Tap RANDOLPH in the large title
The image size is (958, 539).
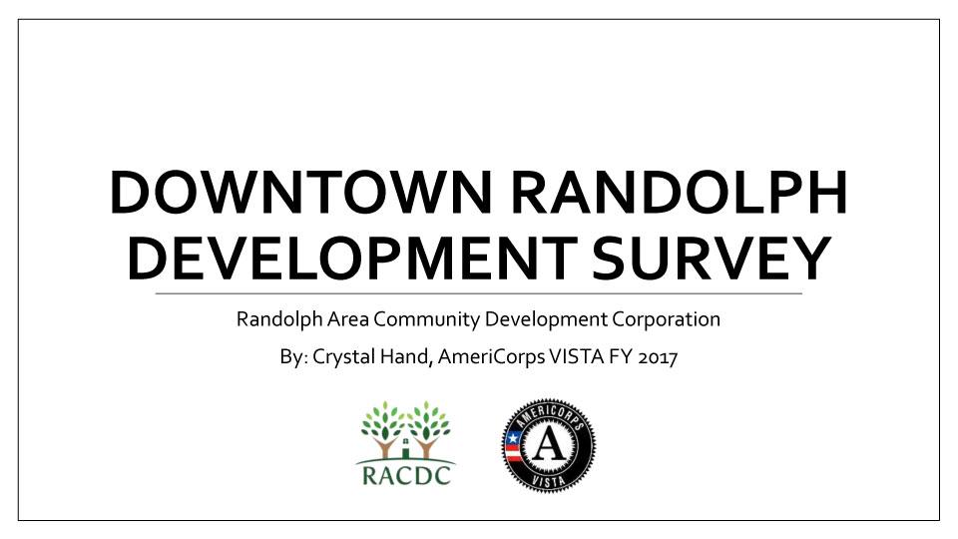(x=679, y=192)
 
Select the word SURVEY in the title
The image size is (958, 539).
(x=712, y=258)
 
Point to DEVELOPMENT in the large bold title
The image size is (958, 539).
(x=351, y=258)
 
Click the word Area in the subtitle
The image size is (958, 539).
(x=347, y=319)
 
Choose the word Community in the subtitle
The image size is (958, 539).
(x=426, y=319)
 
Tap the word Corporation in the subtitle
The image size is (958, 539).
(x=666, y=319)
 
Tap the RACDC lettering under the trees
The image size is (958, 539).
(x=406, y=475)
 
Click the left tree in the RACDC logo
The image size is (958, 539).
(x=383, y=429)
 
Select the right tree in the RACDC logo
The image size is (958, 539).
(x=429, y=429)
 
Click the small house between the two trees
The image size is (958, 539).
(x=406, y=448)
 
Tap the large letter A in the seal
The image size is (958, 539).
(x=549, y=443)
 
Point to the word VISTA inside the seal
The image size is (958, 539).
(x=549, y=481)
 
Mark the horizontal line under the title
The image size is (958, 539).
(x=478, y=293)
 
